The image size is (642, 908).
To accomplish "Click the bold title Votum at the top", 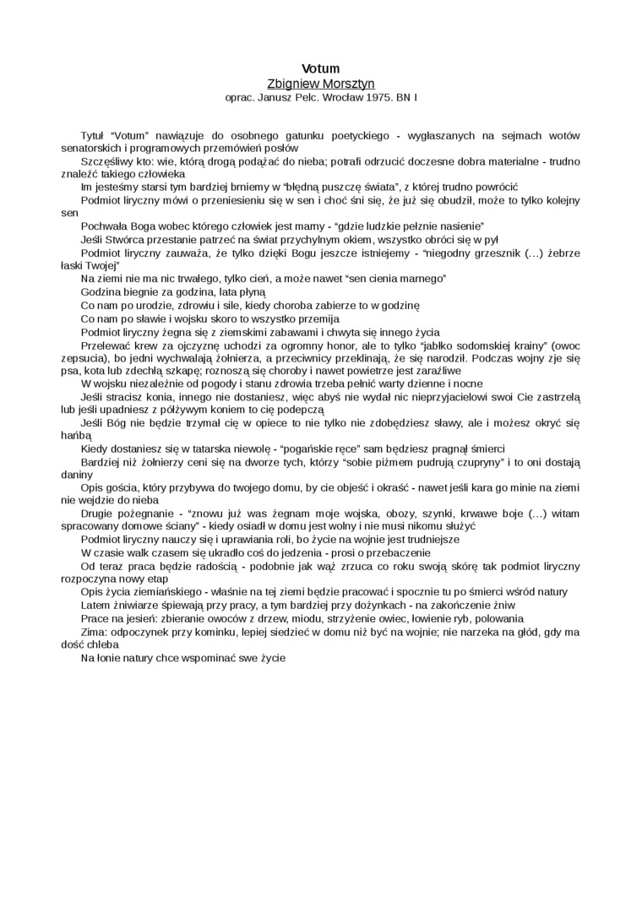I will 321,68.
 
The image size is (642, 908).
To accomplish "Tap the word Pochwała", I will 103,226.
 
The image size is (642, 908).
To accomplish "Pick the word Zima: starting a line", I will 94,631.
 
